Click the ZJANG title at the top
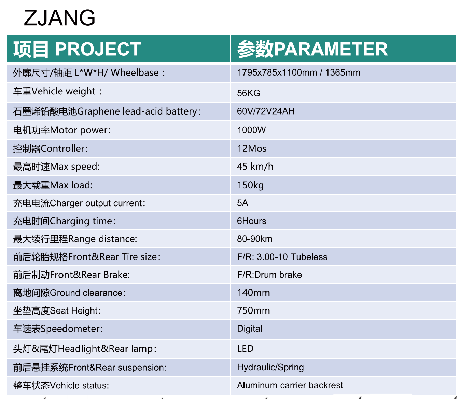59,17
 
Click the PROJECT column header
77,49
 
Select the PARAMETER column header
312,49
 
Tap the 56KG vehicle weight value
249,93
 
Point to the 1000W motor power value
251,130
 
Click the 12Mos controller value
252,149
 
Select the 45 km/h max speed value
255,167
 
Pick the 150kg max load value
250,185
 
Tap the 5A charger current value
242,203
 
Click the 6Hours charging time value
251,221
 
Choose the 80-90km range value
255,239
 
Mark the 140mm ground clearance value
253,293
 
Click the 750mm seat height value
253,310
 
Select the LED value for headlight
245,349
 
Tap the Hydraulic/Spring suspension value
270,367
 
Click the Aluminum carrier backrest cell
290,385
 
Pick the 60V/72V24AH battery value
266,111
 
